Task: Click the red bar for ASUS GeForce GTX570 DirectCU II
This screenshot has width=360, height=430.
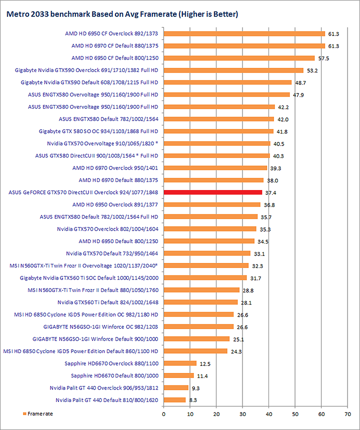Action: coord(213,192)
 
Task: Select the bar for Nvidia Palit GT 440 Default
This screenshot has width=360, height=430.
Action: coord(174,399)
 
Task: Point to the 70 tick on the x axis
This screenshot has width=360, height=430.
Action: coord(347,413)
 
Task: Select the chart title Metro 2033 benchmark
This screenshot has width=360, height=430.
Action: coord(121,14)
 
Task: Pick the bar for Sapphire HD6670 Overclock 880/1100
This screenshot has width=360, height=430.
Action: coord(180,363)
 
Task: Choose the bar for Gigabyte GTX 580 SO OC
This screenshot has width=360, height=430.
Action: coord(218,131)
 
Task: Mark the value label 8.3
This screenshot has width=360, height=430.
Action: coord(193,400)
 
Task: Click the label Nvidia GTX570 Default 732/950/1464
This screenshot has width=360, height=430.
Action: coord(111,253)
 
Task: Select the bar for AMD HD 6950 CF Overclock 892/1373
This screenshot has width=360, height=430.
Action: coord(244,33)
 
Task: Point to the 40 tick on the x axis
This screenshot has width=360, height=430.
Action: coord(269,413)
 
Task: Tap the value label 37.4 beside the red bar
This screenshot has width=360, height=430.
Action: coord(270,192)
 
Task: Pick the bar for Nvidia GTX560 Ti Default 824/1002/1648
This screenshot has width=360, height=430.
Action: coord(200,302)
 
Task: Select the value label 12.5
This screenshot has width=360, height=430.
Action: coord(204,363)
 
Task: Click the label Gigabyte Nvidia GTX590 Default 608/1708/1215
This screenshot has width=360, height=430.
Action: coord(89,82)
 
